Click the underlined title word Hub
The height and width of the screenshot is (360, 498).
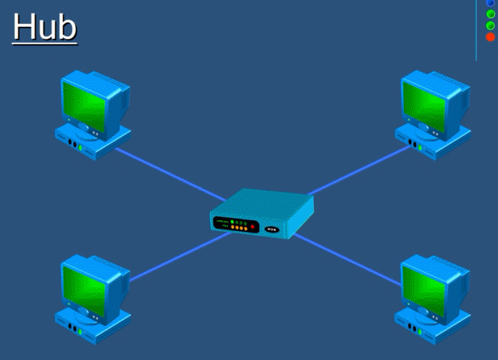click(45, 26)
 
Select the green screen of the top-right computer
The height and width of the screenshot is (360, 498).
click(428, 100)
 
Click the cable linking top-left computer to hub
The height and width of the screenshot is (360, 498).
click(170, 173)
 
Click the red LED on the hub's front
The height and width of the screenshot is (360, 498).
click(252, 228)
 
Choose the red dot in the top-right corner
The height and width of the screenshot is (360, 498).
click(490, 37)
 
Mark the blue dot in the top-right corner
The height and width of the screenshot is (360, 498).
click(490, 3)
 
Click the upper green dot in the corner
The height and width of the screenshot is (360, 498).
click(490, 14)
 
